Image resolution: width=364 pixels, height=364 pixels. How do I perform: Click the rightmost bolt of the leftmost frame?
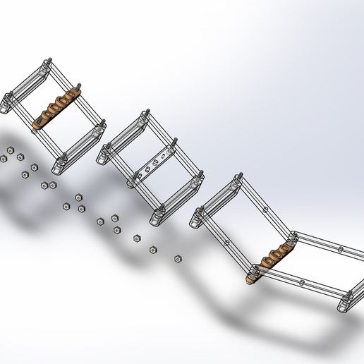coord(104,125)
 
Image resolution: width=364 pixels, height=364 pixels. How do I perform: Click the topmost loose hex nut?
coord(11,150)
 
